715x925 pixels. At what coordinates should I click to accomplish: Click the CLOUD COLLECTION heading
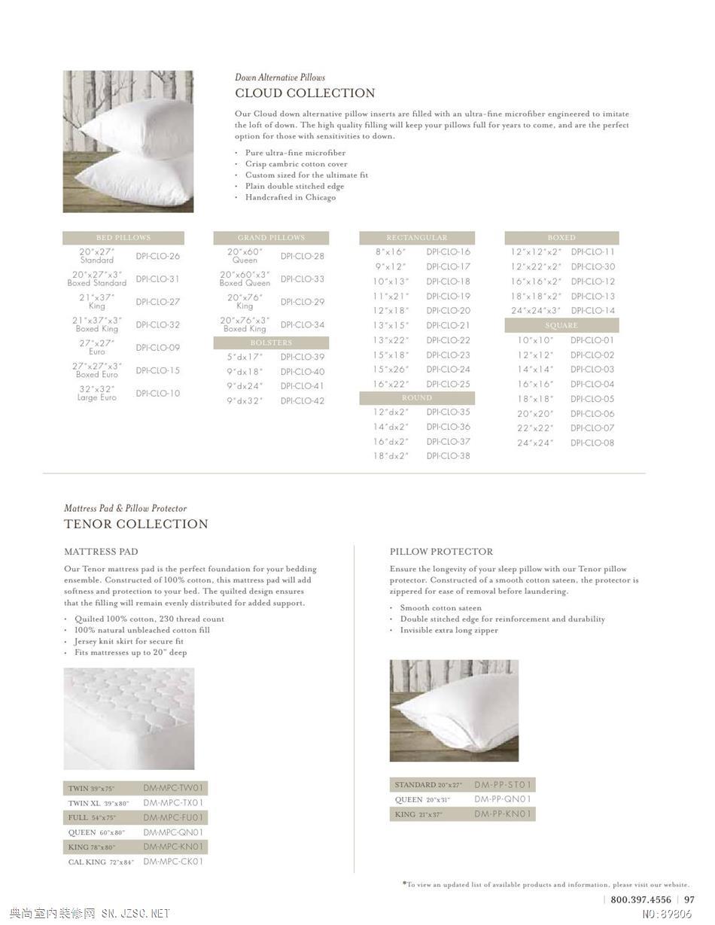pyautogui.click(x=305, y=93)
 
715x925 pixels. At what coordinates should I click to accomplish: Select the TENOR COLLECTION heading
pyautogui.click(x=136, y=524)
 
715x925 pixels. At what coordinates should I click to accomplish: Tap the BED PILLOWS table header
pyautogui.click(x=123, y=238)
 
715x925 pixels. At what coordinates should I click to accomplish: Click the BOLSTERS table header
pyautogui.click(x=271, y=342)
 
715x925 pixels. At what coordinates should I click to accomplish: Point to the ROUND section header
pyautogui.click(x=417, y=398)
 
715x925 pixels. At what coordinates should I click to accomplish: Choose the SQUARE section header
pyautogui.click(x=561, y=325)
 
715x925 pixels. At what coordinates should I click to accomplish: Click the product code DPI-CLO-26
pyautogui.click(x=158, y=256)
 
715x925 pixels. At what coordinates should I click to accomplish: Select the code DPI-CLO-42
pyautogui.click(x=303, y=401)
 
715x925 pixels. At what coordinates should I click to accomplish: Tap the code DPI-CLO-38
pyautogui.click(x=448, y=456)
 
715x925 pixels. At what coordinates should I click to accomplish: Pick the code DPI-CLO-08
pyautogui.click(x=592, y=443)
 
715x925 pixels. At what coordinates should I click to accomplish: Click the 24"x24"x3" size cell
pyautogui.click(x=536, y=311)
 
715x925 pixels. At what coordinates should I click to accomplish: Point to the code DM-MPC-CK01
pyautogui.click(x=174, y=862)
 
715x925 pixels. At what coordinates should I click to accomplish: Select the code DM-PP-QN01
pyautogui.click(x=504, y=799)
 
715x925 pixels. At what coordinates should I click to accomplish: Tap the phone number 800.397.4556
pyautogui.click(x=640, y=899)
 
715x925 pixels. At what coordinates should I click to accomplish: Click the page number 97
pyautogui.click(x=689, y=899)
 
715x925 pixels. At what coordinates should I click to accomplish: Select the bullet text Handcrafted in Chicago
pyautogui.click(x=291, y=197)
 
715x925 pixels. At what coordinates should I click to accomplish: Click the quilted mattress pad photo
pyautogui.click(x=129, y=718)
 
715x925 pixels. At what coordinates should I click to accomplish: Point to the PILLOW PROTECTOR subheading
pyautogui.click(x=441, y=552)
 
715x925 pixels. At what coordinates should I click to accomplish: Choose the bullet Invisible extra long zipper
pyautogui.click(x=449, y=630)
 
